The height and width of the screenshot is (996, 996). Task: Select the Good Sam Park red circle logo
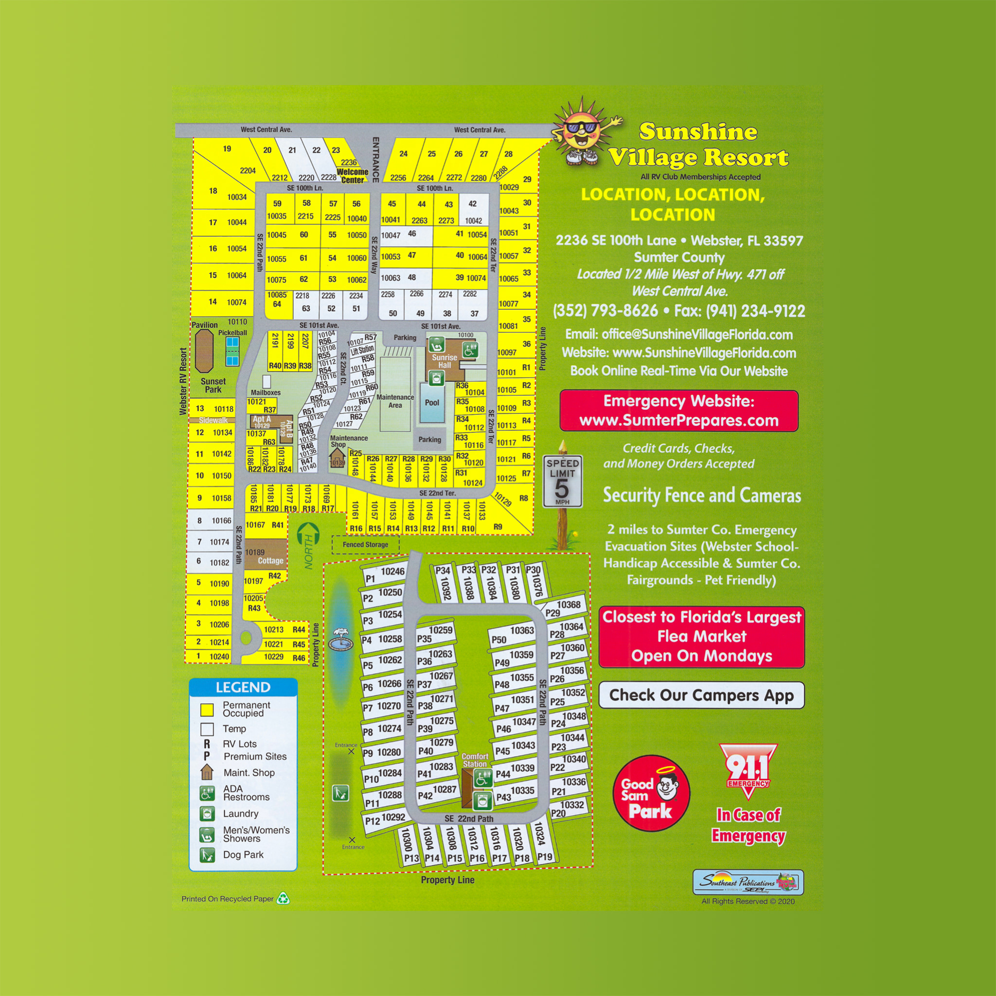pyautogui.click(x=651, y=793)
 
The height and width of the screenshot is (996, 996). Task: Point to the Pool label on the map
pyautogui.click(x=431, y=403)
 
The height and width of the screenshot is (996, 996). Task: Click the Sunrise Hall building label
pyautogui.click(x=445, y=361)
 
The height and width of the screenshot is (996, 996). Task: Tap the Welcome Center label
pyautogui.click(x=353, y=176)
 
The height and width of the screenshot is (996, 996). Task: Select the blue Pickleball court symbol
pyautogui.click(x=232, y=351)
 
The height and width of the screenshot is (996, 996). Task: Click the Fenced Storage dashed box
pyautogui.click(x=365, y=544)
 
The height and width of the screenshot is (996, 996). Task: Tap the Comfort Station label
pyautogui.click(x=475, y=760)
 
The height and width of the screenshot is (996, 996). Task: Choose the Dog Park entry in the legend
pyautogui.click(x=243, y=855)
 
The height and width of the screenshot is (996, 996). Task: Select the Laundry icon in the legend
pyautogui.click(x=207, y=814)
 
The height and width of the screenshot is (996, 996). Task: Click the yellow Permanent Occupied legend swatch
pyautogui.click(x=207, y=710)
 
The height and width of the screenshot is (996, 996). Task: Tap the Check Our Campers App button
pyautogui.click(x=701, y=695)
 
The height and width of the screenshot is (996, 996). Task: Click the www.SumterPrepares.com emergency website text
pyautogui.click(x=678, y=421)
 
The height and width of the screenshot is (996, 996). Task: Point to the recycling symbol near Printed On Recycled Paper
pyautogui.click(x=283, y=899)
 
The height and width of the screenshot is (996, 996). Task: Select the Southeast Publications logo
pyautogui.click(x=747, y=883)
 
